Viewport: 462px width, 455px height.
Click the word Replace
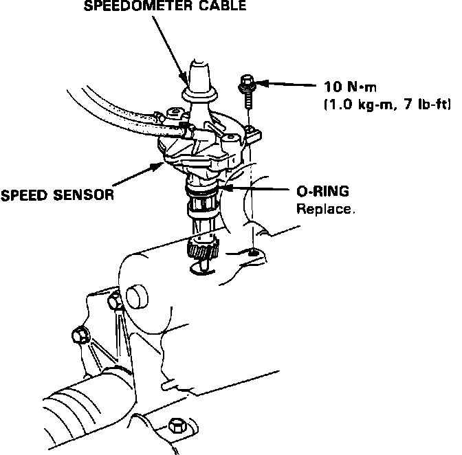point(325,208)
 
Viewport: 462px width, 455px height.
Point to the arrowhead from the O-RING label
point(223,188)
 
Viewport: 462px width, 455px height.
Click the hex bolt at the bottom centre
point(177,425)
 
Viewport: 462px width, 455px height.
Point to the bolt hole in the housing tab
point(254,254)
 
